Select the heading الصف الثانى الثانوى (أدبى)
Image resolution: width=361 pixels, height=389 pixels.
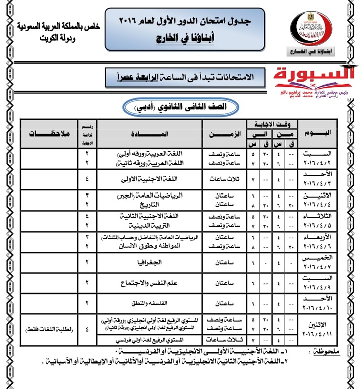click(x=181, y=107)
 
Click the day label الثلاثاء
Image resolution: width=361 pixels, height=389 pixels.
click(x=321, y=215)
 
